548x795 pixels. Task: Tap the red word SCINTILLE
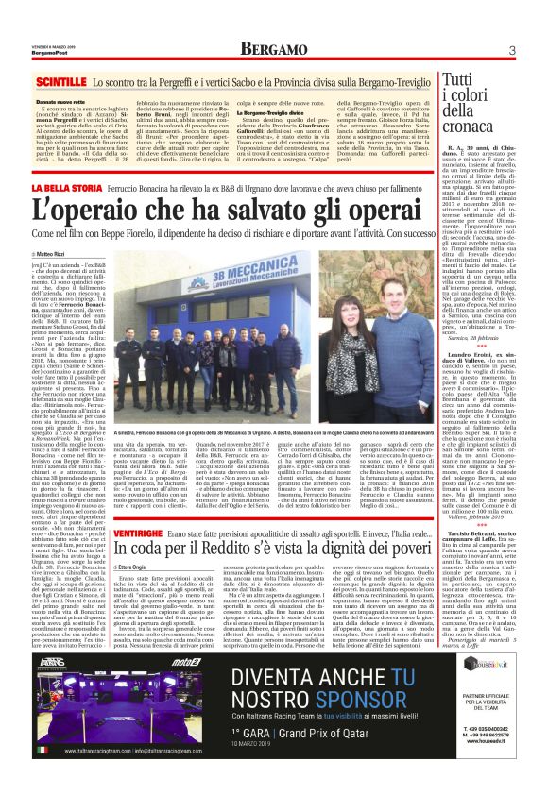[x=62, y=83]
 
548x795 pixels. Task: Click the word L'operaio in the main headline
[x=109, y=214]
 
